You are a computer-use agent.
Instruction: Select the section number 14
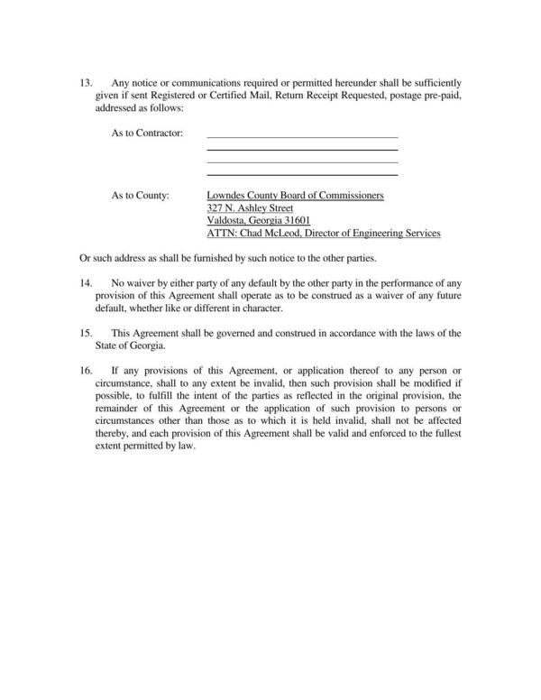click(x=86, y=283)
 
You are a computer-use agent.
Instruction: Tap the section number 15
click(x=86, y=333)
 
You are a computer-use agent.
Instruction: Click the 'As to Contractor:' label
click(x=147, y=134)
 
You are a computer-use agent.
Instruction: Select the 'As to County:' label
click(x=140, y=196)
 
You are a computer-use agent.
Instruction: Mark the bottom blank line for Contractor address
click(x=302, y=174)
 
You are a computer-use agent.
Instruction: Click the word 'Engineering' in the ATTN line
click(x=381, y=234)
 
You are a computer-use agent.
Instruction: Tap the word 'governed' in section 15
click(x=229, y=333)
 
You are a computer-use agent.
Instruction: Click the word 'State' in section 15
click(x=107, y=345)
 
